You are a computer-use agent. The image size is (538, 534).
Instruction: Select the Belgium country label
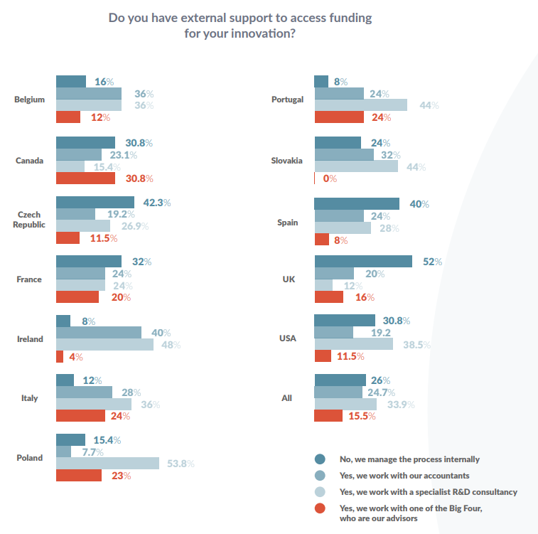point(29,100)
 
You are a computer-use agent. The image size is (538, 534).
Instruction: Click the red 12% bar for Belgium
point(68,117)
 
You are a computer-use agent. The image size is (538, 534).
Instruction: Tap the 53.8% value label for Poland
point(181,464)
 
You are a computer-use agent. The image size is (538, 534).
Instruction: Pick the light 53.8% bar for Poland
point(107,464)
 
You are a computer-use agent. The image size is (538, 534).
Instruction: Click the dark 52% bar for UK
point(363,262)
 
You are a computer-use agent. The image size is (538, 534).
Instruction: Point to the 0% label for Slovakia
point(329,178)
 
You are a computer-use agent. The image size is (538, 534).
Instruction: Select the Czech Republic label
point(31,220)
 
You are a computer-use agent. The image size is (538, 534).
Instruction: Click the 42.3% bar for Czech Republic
point(95,203)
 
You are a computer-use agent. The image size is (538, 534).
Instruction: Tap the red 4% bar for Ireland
point(60,356)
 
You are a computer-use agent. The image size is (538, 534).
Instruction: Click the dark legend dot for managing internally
point(320,459)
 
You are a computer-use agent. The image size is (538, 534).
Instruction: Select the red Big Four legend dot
point(320,508)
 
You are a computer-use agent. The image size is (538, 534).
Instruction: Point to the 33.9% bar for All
point(345,404)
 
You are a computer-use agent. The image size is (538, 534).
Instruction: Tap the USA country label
point(287,338)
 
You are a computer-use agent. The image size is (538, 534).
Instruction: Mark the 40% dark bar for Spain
point(357,204)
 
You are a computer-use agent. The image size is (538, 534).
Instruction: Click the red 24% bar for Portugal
point(339,117)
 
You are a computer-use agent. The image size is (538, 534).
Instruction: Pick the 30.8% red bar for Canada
point(85,178)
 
